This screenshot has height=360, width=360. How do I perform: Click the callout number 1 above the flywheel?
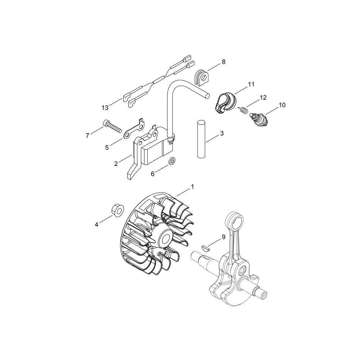(192, 186)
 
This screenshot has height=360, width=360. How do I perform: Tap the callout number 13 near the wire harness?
(105, 108)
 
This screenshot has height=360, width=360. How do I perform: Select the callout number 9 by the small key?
(224, 237)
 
